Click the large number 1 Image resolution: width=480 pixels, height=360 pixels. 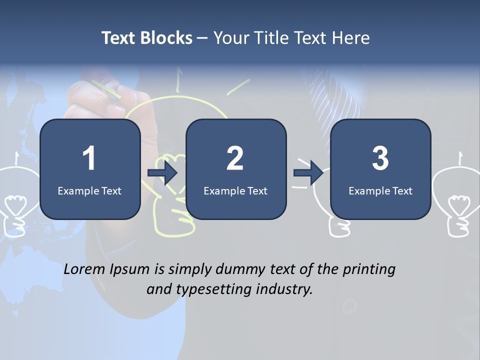(x=89, y=158)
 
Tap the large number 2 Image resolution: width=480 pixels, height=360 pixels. (x=235, y=158)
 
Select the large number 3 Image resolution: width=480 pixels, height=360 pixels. (x=380, y=158)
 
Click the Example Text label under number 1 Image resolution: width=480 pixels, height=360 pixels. (x=89, y=191)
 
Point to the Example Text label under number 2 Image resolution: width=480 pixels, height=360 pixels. (x=235, y=191)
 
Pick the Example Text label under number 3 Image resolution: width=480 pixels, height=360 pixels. (x=380, y=191)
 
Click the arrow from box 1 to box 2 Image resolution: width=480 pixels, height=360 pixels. (x=162, y=173)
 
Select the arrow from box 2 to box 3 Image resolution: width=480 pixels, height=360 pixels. (x=308, y=173)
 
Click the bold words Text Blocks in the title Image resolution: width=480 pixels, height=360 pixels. (x=147, y=38)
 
